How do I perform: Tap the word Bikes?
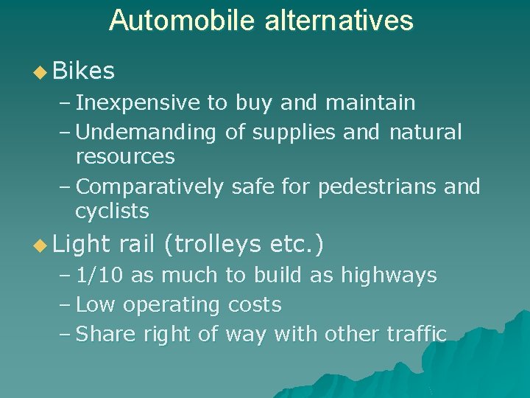[84, 71]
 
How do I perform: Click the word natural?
[425, 133]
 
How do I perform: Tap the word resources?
[125, 156]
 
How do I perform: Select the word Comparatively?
[149, 187]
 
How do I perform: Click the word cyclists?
[112, 212]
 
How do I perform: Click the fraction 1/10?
[100, 276]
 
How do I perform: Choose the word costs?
[255, 305]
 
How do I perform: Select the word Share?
[102, 335]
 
